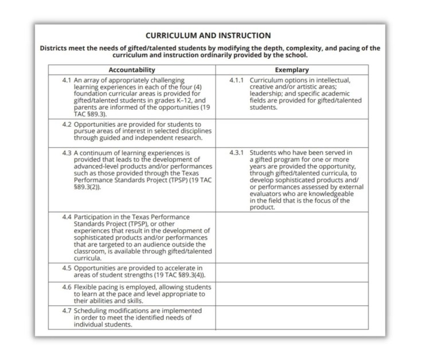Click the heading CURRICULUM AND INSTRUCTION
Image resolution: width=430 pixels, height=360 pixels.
[208, 36]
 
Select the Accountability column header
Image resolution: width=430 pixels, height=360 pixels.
[132, 69]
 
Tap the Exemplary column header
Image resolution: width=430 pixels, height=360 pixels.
[292, 69]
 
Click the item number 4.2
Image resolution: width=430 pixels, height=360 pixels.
[67, 123]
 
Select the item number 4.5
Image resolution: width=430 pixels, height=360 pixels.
[67, 268]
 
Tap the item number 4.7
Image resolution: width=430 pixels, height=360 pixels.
[67, 310]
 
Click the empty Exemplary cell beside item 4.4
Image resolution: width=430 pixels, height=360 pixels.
[292, 237]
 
